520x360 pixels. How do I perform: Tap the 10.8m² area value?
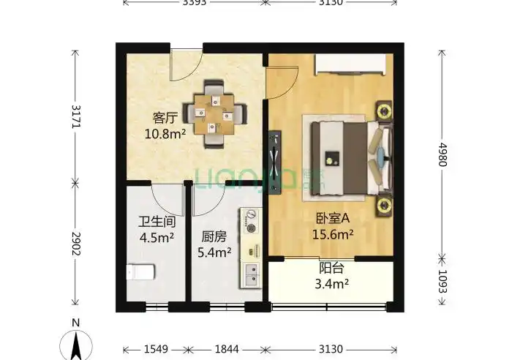point(165,134)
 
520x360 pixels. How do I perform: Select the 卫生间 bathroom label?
point(156,222)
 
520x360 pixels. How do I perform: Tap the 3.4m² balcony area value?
point(331,283)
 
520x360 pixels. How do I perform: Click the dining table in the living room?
point(214,113)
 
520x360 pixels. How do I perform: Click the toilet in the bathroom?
point(140,272)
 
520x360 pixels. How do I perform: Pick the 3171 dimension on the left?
point(75,116)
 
